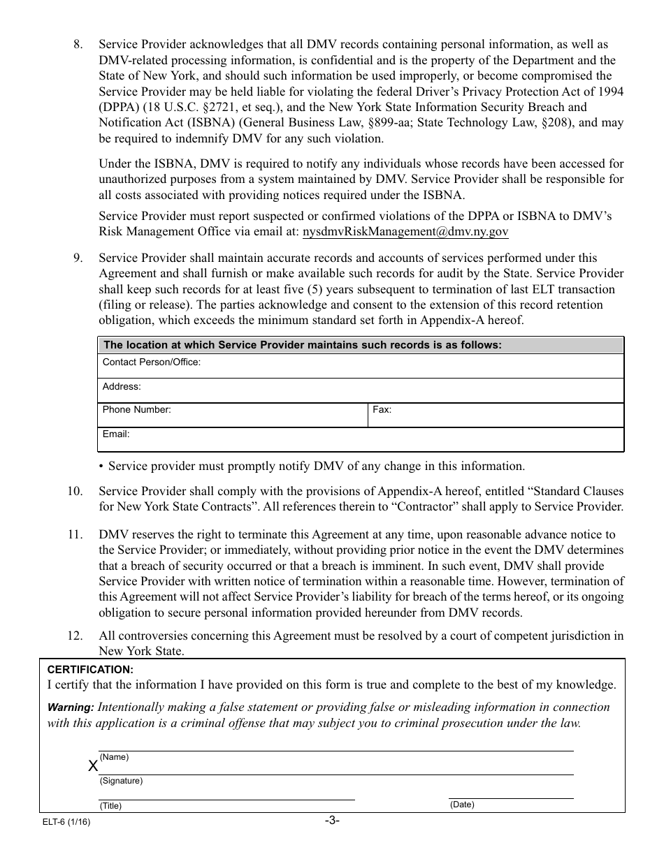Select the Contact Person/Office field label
click(x=152, y=362)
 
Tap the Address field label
click(x=122, y=386)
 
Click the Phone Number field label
click(x=136, y=410)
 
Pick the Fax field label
click(x=382, y=410)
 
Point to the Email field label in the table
click(x=116, y=434)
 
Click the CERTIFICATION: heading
click(x=89, y=669)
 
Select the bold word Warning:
click(x=71, y=707)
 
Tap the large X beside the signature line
click(x=93, y=766)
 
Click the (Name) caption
click(x=114, y=757)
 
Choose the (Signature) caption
click(x=121, y=781)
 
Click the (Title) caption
click(x=110, y=805)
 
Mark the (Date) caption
click(x=461, y=805)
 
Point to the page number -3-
click(x=332, y=821)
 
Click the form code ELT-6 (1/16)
click(x=66, y=822)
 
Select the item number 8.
click(x=78, y=45)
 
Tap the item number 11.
click(x=75, y=535)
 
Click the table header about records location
click(x=302, y=345)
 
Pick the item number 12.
click(x=75, y=636)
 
